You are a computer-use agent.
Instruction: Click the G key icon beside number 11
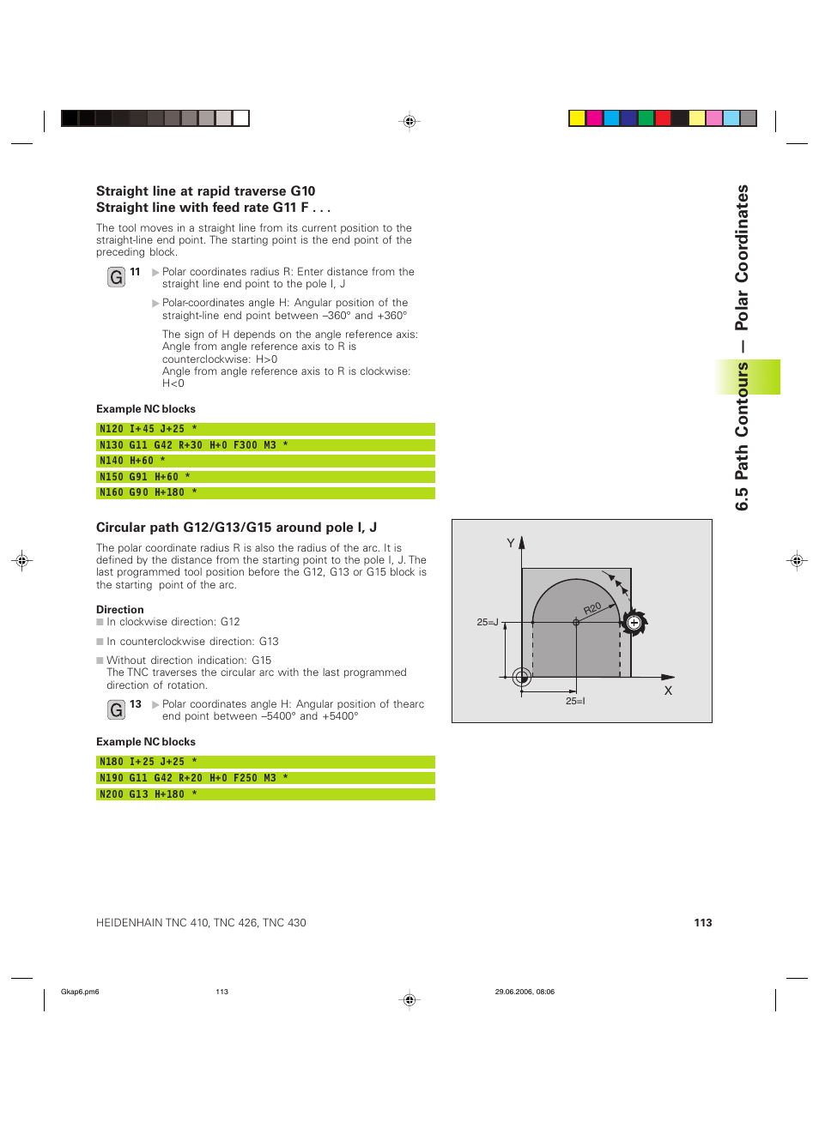click(x=117, y=277)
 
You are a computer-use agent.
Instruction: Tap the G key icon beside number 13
click(x=117, y=709)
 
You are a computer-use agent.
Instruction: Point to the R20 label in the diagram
click(x=592, y=608)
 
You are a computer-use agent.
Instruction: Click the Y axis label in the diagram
click(x=511, y=543)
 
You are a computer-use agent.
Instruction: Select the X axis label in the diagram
click(x=668, y=691)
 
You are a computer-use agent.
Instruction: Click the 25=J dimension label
click(x=488, y=622)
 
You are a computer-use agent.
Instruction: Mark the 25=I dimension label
click(x=575, y=701)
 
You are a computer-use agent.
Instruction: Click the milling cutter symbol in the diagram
click(x=634, y=623)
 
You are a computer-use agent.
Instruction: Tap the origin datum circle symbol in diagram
click(x=521, y=678)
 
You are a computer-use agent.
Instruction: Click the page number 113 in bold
click(x=703, y=923)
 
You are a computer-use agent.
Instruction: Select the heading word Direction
click(x=120, y=610)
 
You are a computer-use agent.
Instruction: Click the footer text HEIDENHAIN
click(x=129, y=923)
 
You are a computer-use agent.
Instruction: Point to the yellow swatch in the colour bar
click(x=577, y=118)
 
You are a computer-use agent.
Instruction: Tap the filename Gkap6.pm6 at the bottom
click(x=80, y=992)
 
